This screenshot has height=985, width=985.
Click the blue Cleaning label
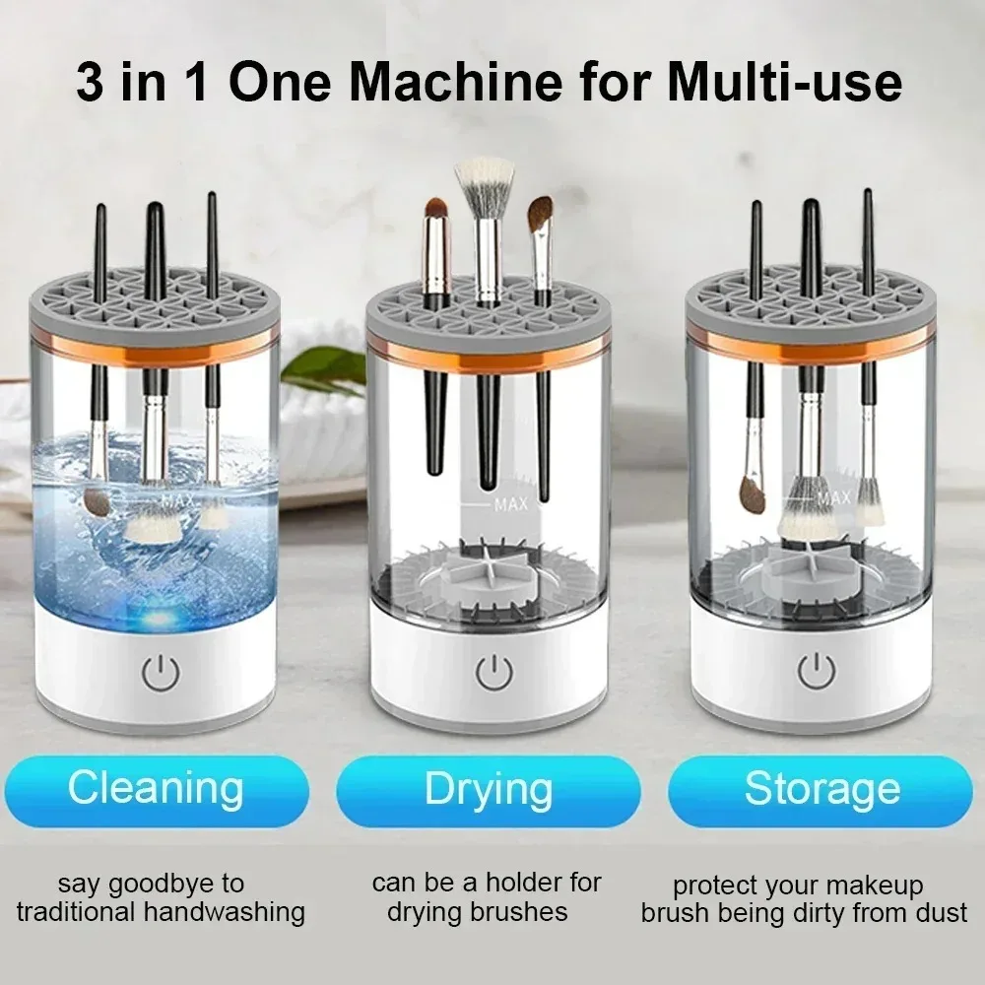click(156, 789)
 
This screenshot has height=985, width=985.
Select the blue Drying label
click(489, 789)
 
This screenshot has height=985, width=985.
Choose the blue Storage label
click(821, 789)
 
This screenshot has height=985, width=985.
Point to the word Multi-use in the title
click(784, 83)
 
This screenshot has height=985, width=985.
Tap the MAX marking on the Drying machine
click(510, 504)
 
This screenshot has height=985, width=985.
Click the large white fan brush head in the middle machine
click(484, 177)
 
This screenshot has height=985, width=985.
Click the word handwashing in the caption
click(225, 912)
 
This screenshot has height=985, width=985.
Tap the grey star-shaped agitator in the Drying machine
click(490, 571)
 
